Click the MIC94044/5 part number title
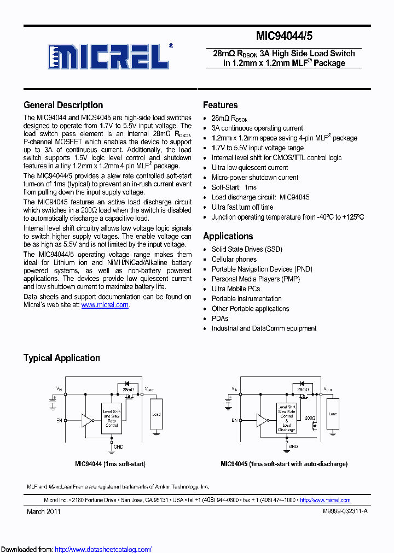[x=285, y=37]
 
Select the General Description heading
[x=63, y=105]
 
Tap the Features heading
[x=220, y=105]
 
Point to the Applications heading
[x=228, y=236]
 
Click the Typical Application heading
[x=61, y=358]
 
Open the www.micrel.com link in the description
[x=105, y=305]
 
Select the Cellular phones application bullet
[x=234, y=259]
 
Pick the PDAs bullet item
[x=220, y=319]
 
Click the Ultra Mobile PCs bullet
[x=236, y=289]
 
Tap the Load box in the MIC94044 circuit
[x=157, y=415]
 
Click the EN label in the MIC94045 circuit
[x=234, y=420]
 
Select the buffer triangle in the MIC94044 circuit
[x=86, y=420]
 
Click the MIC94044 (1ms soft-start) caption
[x=110, y=464]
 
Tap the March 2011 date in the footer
[x=44, y=511]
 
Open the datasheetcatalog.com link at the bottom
[x=103, y=549]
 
